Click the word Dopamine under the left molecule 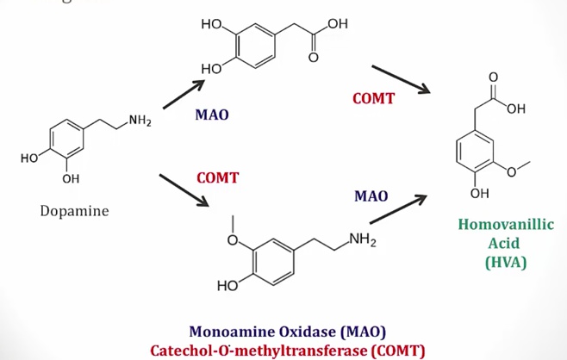[74, 211]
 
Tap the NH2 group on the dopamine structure [140, 121]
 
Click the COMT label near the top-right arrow [373, 98]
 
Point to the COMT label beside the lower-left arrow [217, 178]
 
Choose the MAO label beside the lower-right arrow [371, 196]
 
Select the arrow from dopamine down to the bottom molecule [184, 189]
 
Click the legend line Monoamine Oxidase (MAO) [287, 332]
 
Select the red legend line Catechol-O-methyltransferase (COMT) [287, 350]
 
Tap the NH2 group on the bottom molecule [362, 239]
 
